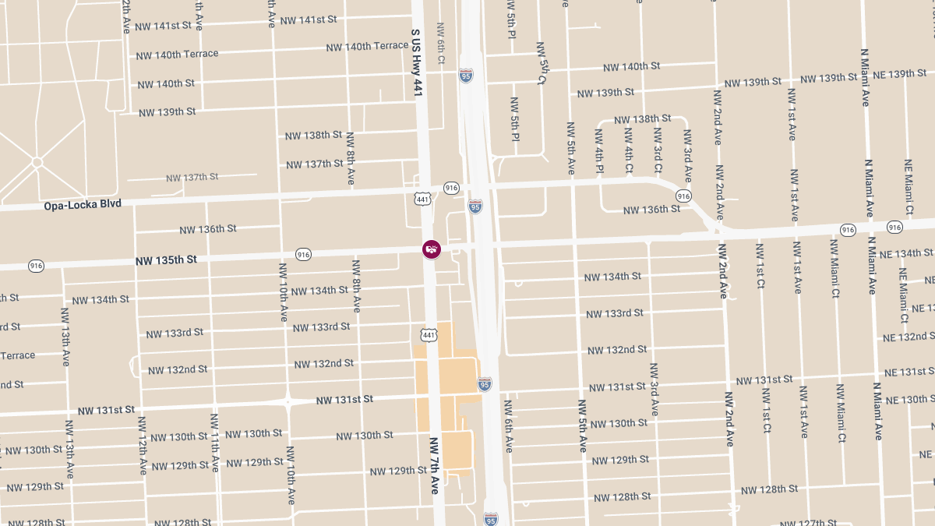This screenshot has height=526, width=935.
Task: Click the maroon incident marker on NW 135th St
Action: tap(431, 249)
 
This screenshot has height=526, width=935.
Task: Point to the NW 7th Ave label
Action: tap(435, 465)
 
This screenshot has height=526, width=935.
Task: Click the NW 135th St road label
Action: tap(166, 259)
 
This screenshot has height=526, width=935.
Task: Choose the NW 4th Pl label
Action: tap(599, 157)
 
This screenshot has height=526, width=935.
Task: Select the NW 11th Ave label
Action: tap(214, 443)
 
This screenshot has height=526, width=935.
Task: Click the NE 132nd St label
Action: tap(908, 337)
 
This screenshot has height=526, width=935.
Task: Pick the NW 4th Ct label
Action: tap(629, 150)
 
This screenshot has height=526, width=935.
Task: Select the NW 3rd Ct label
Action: tap(658, 150)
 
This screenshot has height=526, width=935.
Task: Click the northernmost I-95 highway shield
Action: tap(466, 76)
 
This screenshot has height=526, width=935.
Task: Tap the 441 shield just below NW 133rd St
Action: tap(428, 334)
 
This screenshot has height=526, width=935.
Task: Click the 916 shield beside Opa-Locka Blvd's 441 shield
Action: tap(451, 188)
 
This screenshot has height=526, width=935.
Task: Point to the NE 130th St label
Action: tap(908, 400)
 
